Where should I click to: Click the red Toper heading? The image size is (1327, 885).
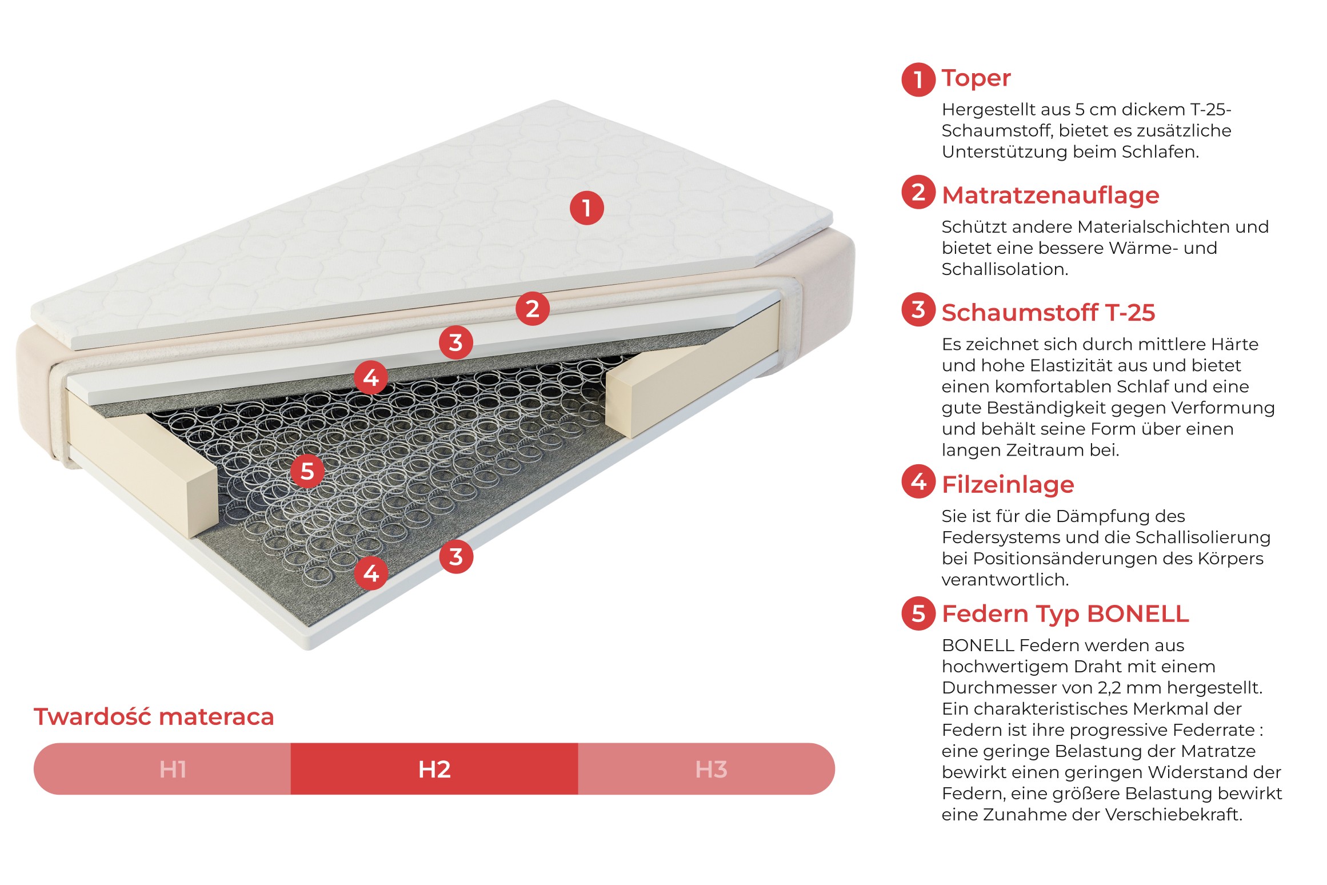(x=976, y=78)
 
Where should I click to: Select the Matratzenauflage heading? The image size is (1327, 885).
(x=1050, y=196)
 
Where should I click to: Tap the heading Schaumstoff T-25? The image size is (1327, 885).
(x=1048, y=313)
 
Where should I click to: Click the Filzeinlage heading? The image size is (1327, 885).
(x=1008, y=485)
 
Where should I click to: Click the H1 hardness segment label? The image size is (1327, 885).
(x=173, y=770)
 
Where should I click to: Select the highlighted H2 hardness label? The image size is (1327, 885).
(x=434, y=770)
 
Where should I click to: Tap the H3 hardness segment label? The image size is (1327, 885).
(x=711, y=770)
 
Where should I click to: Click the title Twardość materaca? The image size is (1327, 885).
(x=154, y=716)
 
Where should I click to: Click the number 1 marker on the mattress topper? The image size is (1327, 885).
(x=586, y=208)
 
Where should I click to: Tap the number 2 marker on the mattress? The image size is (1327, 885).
(x=532, y=309)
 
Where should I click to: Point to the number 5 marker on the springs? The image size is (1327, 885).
(x=307, y=472)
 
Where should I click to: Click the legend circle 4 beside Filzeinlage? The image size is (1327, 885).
(x=918, y=481)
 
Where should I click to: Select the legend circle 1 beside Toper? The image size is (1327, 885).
(x=918, y=79)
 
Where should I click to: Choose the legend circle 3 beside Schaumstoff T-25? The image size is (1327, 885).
(x=918, y=309)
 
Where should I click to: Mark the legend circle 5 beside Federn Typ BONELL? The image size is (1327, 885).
(x=918, y=613)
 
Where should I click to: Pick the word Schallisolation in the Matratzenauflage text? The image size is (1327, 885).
(x=1005, y=269)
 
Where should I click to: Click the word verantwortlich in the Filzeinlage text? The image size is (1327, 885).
(x=1005, y=580)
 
